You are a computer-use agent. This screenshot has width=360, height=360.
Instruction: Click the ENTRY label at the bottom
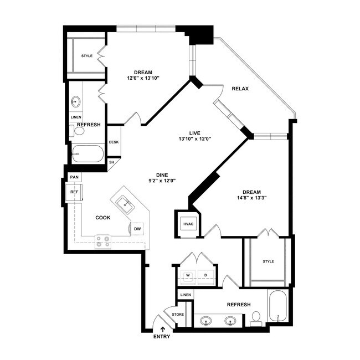coord(162,337)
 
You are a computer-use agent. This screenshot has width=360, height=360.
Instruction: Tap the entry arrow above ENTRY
coord(163,330)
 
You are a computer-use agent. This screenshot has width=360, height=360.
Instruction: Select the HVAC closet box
coord(188,224)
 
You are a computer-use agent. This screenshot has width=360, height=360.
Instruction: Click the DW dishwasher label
coord(137,229)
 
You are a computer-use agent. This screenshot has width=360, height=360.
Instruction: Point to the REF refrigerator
coord(74,192)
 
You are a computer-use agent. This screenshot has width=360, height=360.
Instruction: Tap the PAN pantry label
coord(74,177)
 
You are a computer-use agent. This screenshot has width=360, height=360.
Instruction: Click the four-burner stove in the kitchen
coord(103,242)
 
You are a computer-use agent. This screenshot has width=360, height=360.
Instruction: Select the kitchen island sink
coord(125,203)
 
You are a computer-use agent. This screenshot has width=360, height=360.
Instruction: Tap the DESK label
coord(114,142)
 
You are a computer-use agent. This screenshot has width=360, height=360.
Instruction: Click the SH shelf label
coord(111,162)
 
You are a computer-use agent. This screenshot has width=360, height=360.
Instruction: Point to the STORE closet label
coord(178,315)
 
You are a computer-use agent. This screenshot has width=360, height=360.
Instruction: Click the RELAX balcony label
coord(240,89)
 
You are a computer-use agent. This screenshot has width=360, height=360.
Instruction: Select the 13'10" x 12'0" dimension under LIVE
coord(195,138)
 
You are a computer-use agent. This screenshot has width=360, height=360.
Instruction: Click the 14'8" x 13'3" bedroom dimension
coord(251,198)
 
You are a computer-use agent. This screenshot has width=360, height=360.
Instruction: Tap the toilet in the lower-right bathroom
coord(256,318)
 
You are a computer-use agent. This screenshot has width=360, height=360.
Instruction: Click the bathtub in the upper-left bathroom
coord(88,153)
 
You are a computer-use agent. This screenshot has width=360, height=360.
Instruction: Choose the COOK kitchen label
coord(103,218)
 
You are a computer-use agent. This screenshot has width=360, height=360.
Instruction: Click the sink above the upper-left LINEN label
coord(75,101)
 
